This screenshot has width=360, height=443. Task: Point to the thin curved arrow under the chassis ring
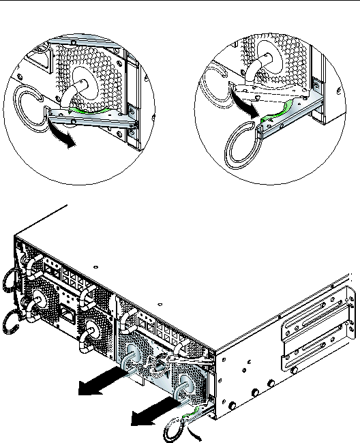click(x=197, y=432)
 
